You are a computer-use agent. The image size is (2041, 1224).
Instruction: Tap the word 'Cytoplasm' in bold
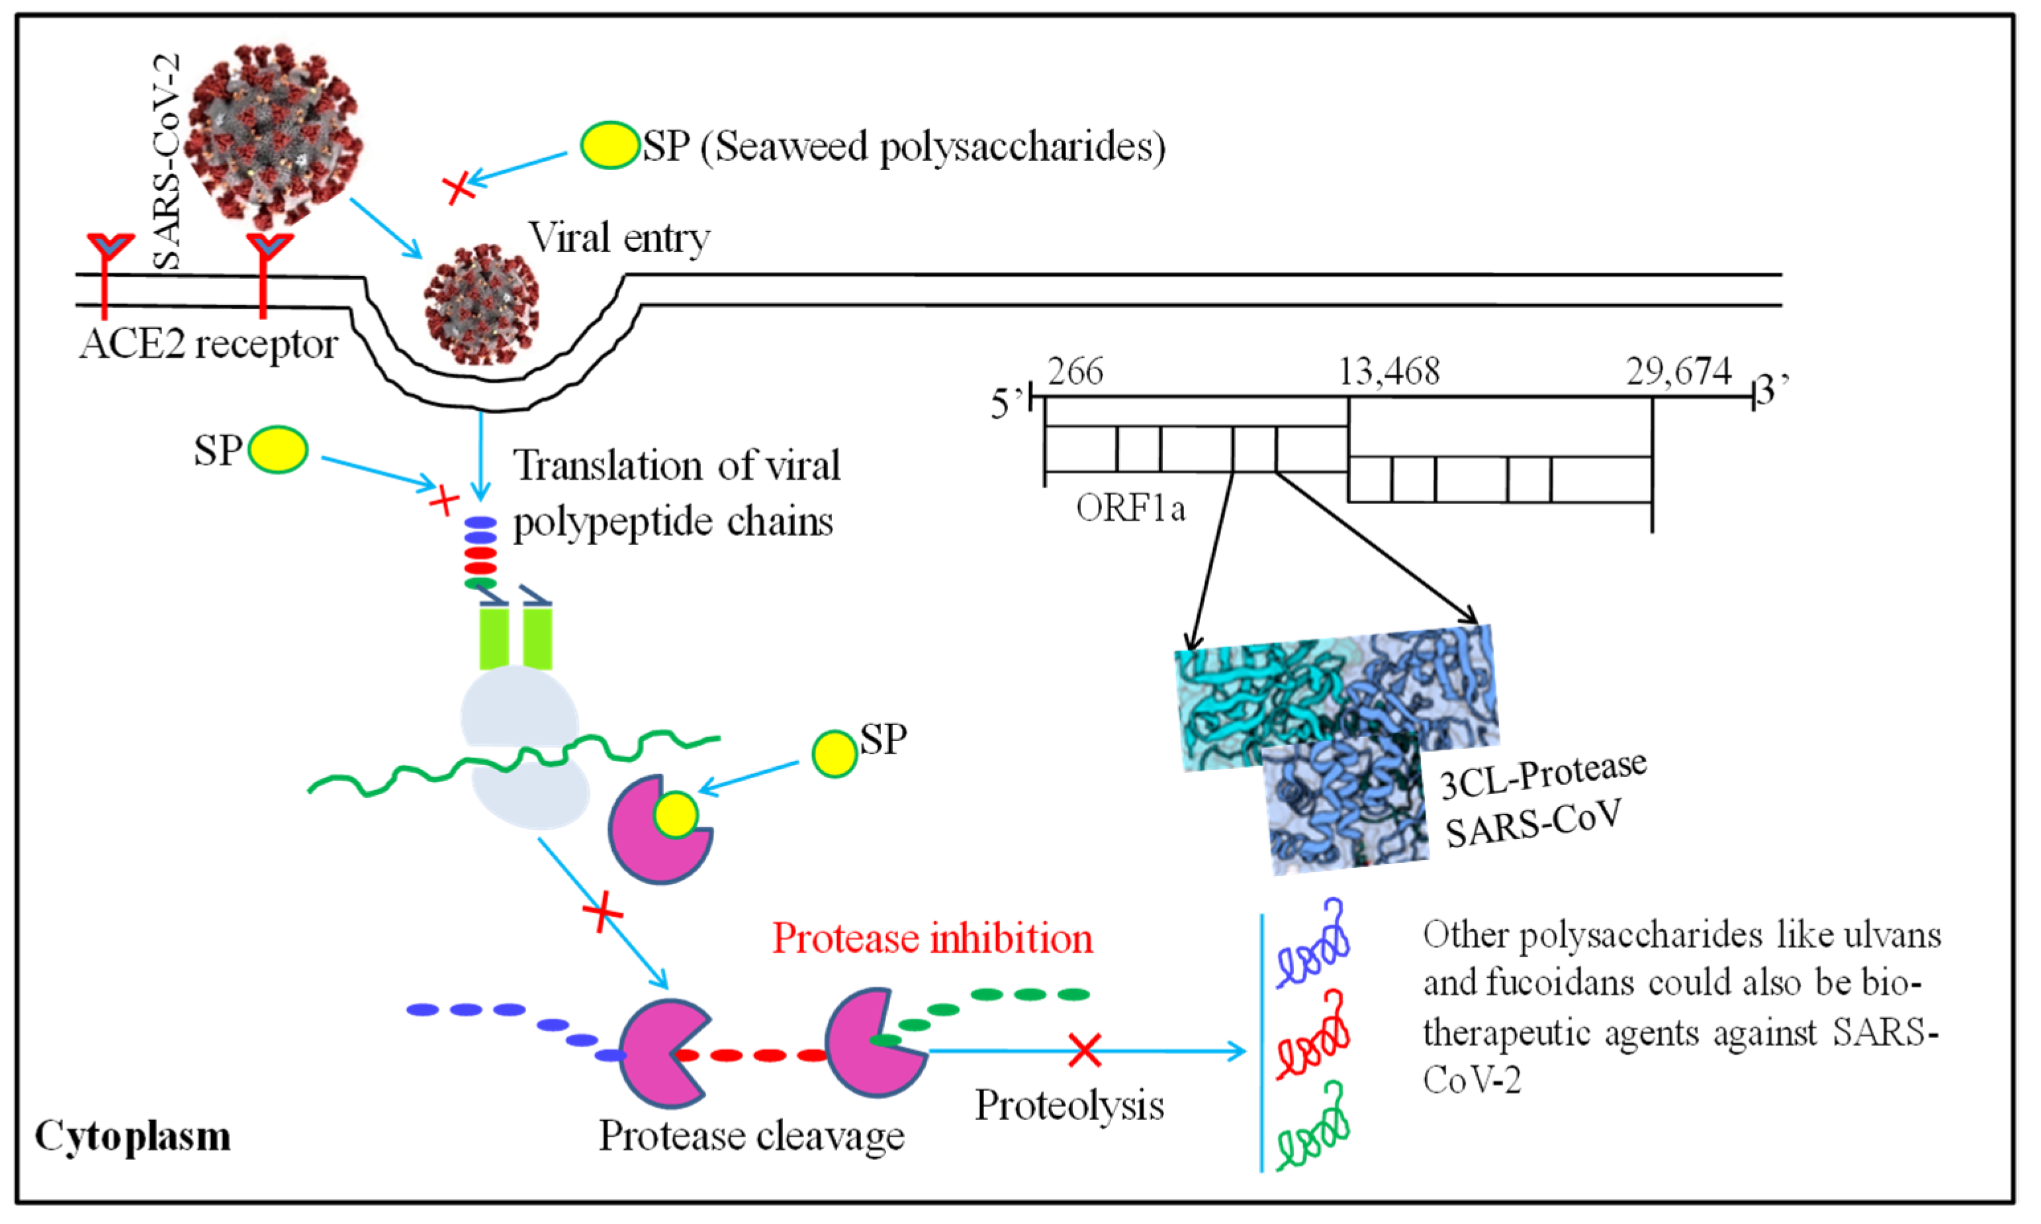(132, 1137)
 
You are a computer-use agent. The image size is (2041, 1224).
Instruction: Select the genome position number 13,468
(1389, 372)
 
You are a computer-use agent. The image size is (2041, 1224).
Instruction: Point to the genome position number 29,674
(1678, 372)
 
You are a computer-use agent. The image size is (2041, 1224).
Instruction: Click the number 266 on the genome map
(1075, 372)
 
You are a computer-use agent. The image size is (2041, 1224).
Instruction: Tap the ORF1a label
(1130, 509)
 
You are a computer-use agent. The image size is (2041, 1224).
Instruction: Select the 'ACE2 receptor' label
(208, 344)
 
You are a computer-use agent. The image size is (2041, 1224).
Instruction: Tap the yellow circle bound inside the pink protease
(676, 815)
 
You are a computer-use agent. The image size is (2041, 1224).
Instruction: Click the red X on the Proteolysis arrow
(1084, 1050)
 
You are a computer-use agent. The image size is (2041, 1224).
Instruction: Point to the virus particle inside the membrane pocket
(482, 305)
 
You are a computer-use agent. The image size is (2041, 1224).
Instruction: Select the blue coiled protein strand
(1314, 947)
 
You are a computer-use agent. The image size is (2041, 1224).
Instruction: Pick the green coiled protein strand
(1314, 1128)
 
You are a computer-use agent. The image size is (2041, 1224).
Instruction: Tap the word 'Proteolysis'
(1069, 1105)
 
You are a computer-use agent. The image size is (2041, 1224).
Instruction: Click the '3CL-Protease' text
(1543, 775)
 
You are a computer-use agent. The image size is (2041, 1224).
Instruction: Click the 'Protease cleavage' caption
(750, 1137)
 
